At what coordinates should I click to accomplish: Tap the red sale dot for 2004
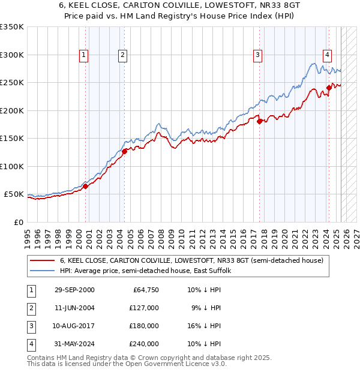pos(124,151)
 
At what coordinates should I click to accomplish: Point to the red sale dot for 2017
pos(260,121)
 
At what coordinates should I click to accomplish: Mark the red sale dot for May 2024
pos(329,88)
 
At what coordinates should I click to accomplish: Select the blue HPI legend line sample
pos(43,271)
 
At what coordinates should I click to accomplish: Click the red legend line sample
pos(43,260)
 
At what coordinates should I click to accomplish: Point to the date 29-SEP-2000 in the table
pos(74,290)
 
